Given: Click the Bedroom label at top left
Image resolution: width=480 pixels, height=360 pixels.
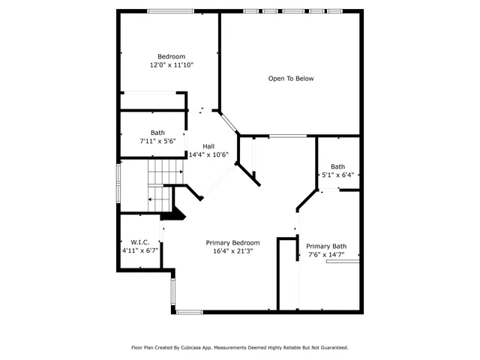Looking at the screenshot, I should point(171,57).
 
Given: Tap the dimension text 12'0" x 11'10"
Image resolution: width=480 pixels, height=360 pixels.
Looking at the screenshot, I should point(171,65).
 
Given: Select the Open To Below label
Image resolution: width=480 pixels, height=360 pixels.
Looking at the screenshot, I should point(291,79).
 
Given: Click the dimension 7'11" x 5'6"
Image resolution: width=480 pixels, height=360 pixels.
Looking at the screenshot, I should point(157,141).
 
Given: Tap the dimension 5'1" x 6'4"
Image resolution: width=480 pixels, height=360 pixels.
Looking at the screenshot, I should point(338,175).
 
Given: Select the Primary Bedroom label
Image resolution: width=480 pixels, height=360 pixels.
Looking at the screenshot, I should point(233,243).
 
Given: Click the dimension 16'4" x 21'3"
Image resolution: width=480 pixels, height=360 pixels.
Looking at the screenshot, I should point(233,251).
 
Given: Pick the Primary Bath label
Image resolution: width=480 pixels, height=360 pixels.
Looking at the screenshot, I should point(326,247).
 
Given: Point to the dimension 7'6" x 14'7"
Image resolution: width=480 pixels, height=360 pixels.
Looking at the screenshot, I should point(326,255).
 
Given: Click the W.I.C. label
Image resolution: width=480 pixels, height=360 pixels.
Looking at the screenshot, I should point(140,242).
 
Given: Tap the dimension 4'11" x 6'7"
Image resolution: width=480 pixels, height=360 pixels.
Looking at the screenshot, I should point(140,250).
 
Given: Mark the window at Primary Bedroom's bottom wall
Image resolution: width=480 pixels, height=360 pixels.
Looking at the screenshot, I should point(190,311).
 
